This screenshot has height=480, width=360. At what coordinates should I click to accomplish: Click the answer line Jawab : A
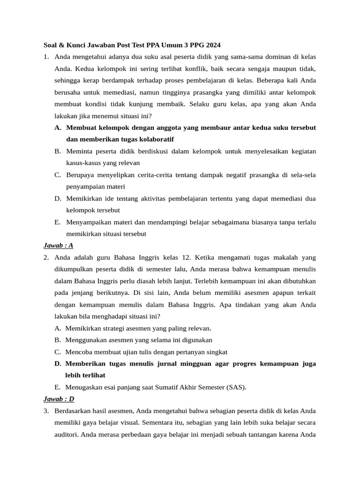click(x=58, y=246)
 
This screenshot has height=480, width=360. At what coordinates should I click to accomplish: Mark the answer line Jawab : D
click(x=59, y=399)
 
